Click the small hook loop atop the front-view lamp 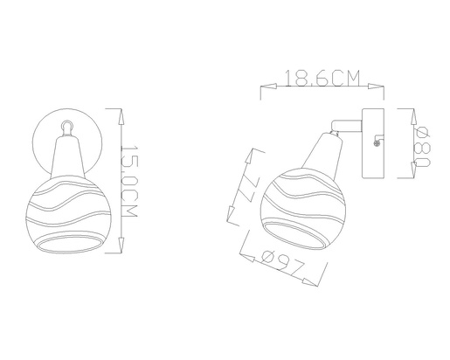66,128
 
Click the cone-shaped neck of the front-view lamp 66,159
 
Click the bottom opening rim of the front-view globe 66,240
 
